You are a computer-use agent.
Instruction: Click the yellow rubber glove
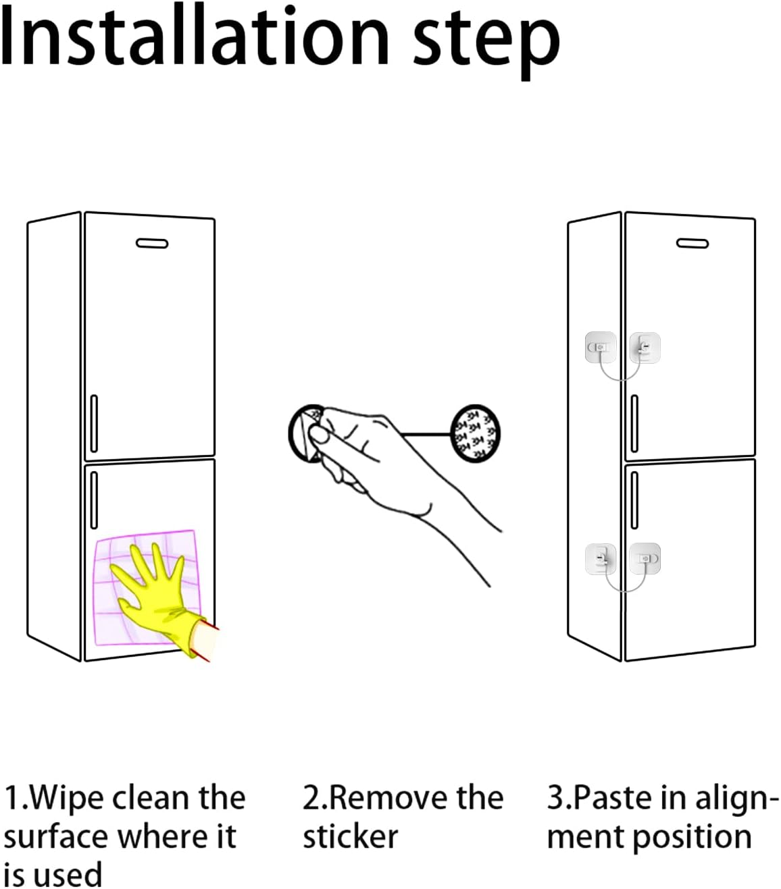coord(155,594)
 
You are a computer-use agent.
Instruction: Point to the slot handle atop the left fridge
coord(151,243)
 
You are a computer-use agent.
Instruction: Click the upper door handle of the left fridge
coord(94,423)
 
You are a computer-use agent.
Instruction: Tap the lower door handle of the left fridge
coord(94,500)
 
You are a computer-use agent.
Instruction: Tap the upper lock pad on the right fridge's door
coord(645,348)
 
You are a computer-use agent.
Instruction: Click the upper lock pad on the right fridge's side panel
coord(600,348)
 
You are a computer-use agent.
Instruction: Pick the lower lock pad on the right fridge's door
coord(645,559)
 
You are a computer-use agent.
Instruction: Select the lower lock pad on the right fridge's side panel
coord(601,558)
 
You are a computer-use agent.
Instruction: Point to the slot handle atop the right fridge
coord(692,243)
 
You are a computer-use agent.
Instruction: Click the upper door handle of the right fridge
coord(634,423)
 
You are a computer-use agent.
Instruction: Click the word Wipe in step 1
coord(67,798)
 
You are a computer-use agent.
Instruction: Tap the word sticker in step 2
coord(350,837)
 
